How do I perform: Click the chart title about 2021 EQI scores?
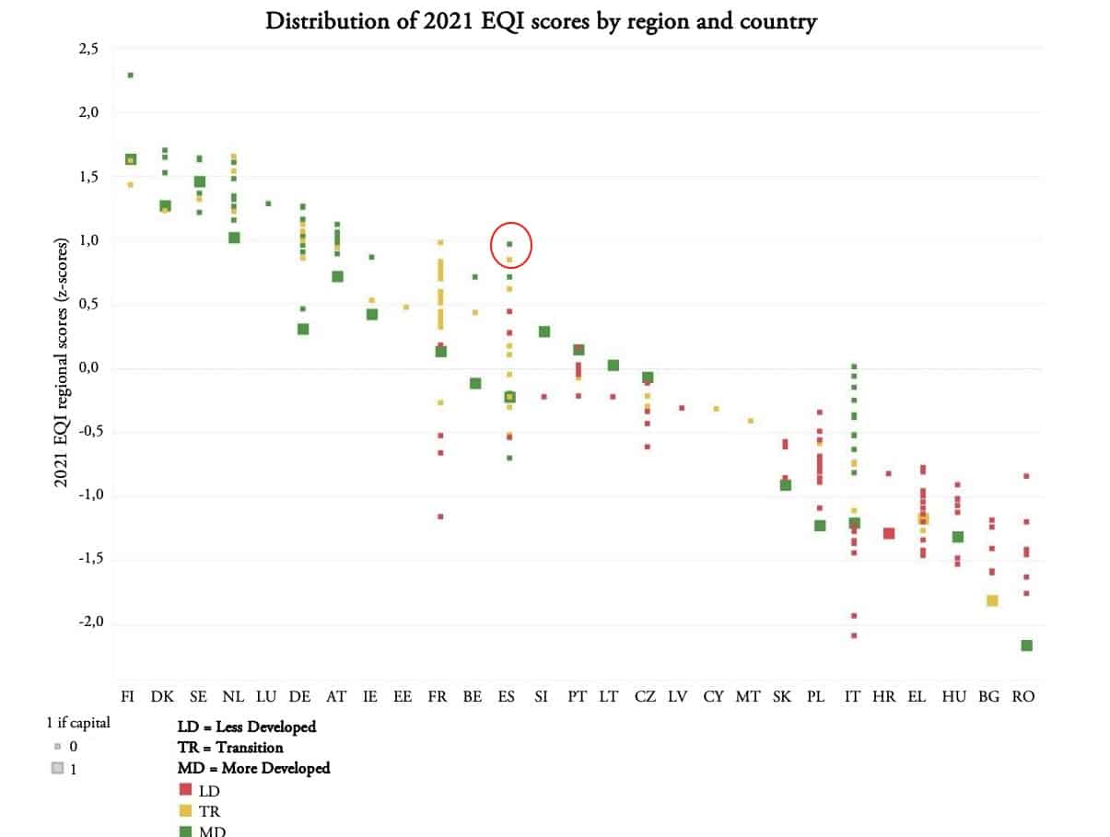tap(541, 21)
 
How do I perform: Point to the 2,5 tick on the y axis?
tap(88, 49)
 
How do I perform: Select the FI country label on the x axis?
tap(128, 696)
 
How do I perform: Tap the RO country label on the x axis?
tap(1022, 696)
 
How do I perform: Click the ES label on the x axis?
tap(508, 696)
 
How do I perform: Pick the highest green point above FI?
tap(131, 76)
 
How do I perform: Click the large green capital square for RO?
tap(1026, 645)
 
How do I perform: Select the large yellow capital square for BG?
tap(992, 600)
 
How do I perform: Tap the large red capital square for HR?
tap(889, 533)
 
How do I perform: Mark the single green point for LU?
tap(268, 203)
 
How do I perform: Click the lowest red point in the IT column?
tap(854, 635)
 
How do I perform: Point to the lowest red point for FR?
tap(440, 517)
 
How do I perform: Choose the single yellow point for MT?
tap(751, 421)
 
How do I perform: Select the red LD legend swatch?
tap(185, 789)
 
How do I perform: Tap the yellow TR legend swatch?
tap(185, 810)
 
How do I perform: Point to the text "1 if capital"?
tap(78, 723)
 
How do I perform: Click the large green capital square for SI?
tap(544, 331)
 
